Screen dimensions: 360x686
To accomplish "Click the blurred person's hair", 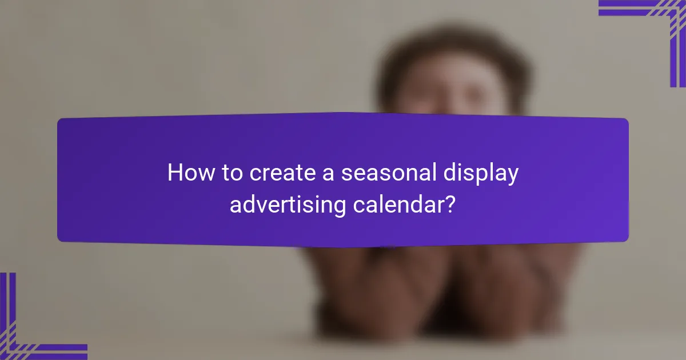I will coord(452,51).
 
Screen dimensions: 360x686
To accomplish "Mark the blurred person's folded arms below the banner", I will coord(440,286).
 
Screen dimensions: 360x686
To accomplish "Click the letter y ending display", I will coord(513,176).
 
